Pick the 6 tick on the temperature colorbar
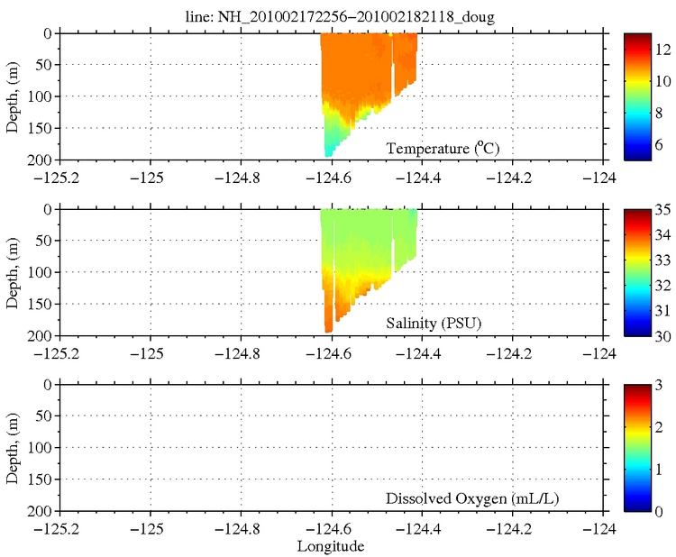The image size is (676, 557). point(658,144)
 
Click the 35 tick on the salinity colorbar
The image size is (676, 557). point(659,210)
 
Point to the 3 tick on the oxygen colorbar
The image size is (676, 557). point(656,386)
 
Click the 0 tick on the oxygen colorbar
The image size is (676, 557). point(656,511)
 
